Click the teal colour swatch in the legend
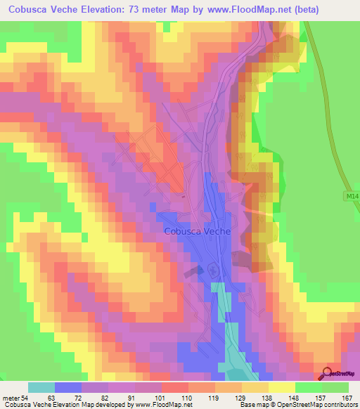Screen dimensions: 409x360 (x=41, y=387)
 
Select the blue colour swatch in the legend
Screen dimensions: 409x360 (x=68, y=387)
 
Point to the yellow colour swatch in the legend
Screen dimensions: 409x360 (x=282, y=387)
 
